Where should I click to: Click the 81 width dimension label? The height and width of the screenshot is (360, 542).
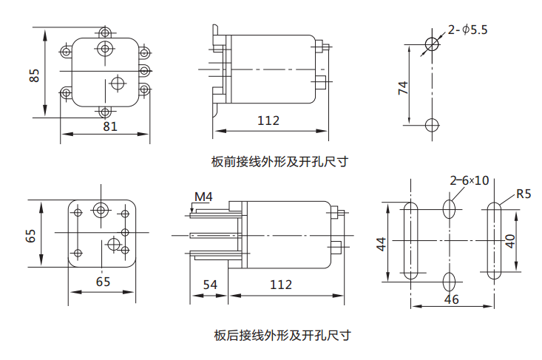tap(109, 126)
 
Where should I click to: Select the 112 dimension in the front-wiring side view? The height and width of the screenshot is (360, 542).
tap(268, 120)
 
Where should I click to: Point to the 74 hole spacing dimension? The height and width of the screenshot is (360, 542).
tap(403, 88)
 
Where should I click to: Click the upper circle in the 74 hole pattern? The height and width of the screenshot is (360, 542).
tap(432, 43)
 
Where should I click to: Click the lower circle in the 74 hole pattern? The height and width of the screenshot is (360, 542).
tap(432, 124)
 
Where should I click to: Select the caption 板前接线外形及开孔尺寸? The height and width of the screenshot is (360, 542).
tap(280, 161)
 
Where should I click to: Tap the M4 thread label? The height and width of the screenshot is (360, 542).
tap(203, 197)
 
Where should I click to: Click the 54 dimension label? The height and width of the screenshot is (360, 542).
tap(209, 285)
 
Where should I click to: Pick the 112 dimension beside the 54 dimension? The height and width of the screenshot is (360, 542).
tap(280, 285)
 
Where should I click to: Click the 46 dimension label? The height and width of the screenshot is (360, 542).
tap(451, 299)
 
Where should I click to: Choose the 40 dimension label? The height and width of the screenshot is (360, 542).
tap(510, 241)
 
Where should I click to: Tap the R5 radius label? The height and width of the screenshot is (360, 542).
tap(524, 194)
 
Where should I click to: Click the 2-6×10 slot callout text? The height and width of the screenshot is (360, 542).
tap(470, 180)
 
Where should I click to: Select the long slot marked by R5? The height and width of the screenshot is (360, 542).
tap(492, 241)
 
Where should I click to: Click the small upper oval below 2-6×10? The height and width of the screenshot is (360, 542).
tap(449, 208)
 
